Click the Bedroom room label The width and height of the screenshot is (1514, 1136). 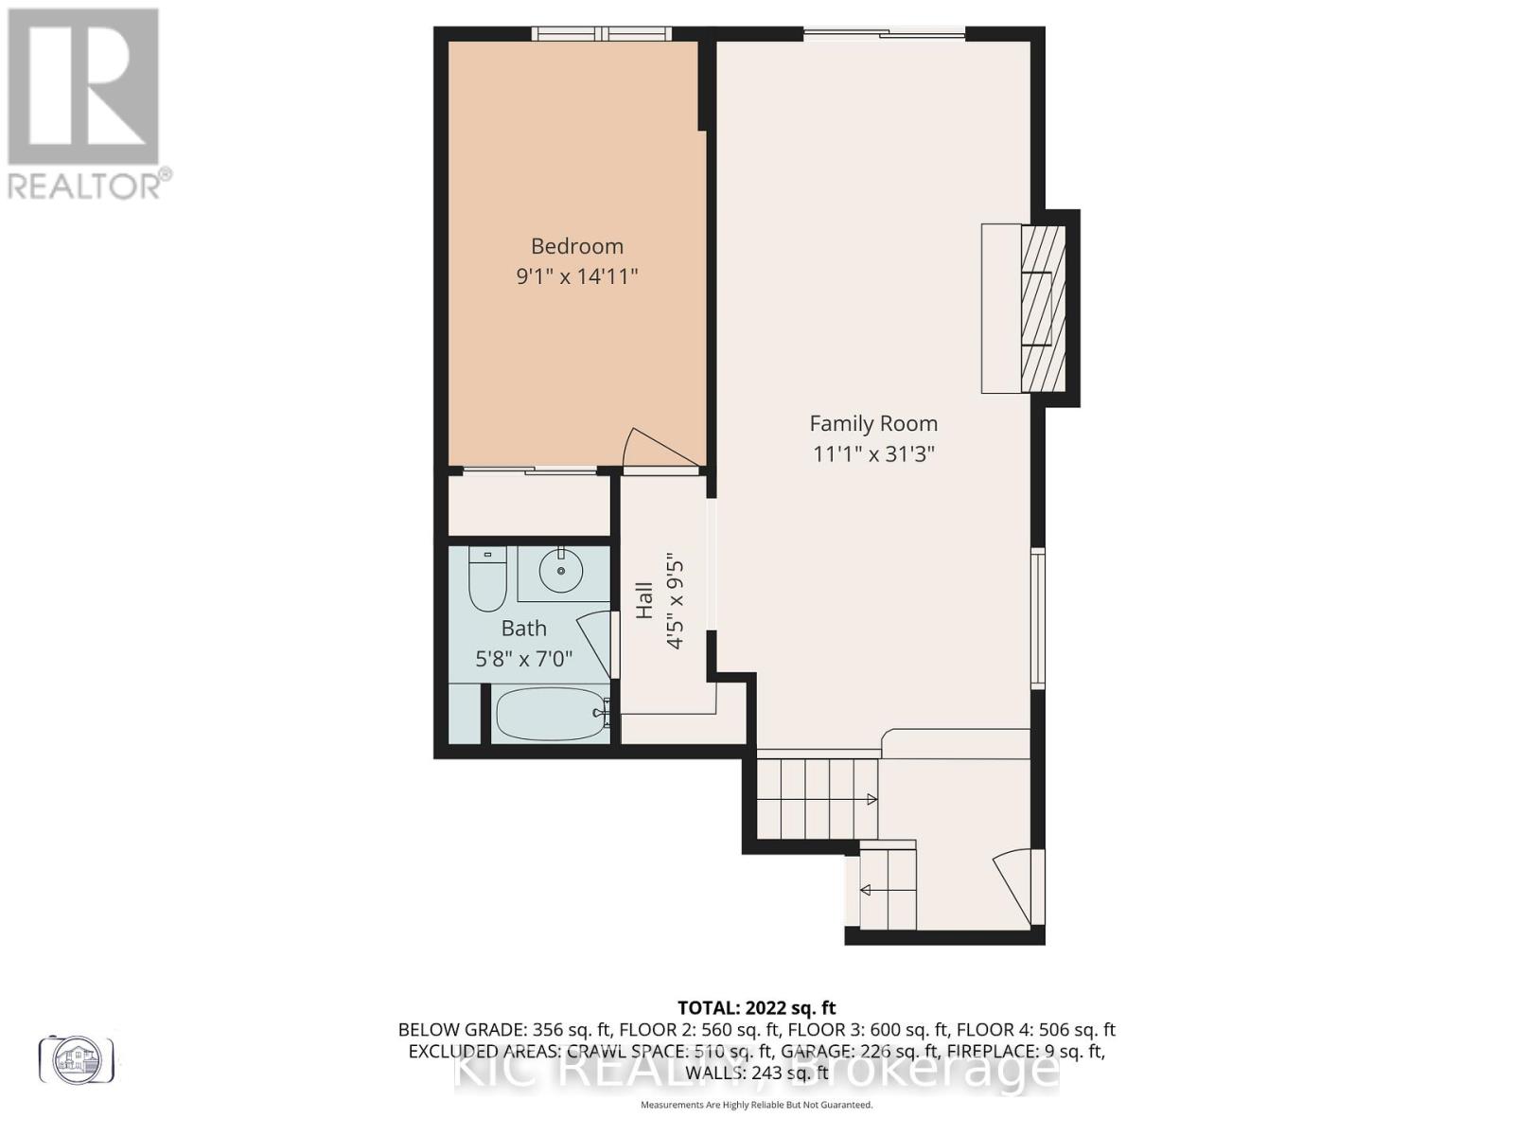pyautogui.click(x=576, y=246)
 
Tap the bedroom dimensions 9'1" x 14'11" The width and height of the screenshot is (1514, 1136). pyautogui.click(x=576, y=277)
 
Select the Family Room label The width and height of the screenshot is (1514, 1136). pyautogui.click(x=873, y=424)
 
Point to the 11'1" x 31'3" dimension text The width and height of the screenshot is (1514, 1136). pyautogui.click(x=873, y=454)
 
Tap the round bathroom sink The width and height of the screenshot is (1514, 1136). pyautogui.click(x=561, y=571)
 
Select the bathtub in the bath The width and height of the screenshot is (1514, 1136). pyautogui.click(x=550, y=715)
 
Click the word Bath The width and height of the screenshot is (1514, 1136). pyautogui.click(x=523, y=629)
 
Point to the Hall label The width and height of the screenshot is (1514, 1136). pyautogui.click(x=644, y=600)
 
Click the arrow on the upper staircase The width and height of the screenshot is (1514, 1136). pyautogui.click(x=871, y=800)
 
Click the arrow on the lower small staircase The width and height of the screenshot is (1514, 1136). pyautogui.click(x=865, y=890)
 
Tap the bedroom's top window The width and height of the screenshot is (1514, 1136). pyautogui.click(x=601, y=34)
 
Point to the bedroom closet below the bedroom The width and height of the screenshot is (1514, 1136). pyautogui.click(x=528, y=506)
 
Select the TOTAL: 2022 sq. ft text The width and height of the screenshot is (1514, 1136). pyautogui.click(x=756, y=1008)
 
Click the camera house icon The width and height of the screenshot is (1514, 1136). pyautogui.click(x=76, y=1058)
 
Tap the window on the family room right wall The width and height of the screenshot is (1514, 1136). pyautogui.click(x=1038, y=617)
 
